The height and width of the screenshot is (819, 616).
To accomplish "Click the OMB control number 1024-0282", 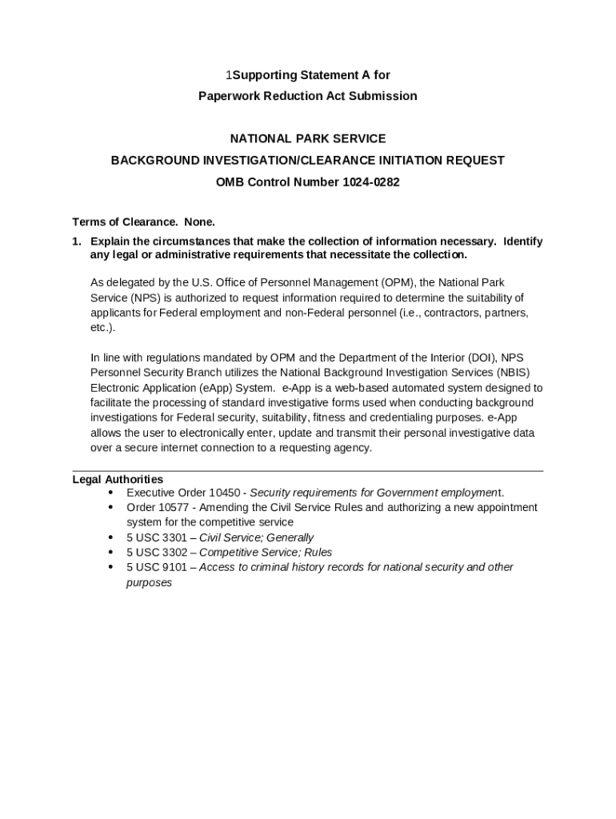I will click(x=371, y=182).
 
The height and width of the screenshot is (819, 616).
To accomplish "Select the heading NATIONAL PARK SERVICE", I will click(x=308, y=139).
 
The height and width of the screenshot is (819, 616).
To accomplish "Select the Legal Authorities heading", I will click(x=118, y=480).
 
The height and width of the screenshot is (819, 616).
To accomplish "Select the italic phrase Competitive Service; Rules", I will click(x=266, y=553).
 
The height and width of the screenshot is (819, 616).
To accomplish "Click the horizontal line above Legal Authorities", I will click(x=308, y=471).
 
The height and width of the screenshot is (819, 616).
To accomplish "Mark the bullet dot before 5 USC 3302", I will click(x=110, y=553).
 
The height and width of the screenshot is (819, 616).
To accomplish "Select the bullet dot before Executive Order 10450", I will click(x=110, y=493).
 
